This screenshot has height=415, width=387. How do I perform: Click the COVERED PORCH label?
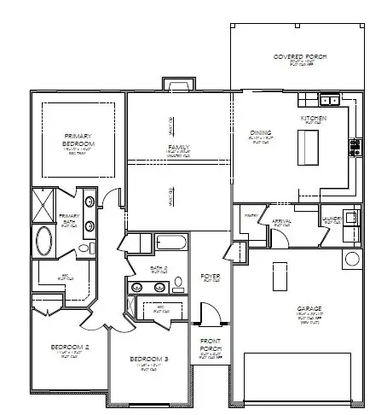click(x=299, y=57)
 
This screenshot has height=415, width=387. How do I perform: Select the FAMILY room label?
click(x=178, y=148)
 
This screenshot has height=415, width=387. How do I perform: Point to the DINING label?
click(x=261, y=132)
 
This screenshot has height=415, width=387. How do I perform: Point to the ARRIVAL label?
click(x=281, y=221)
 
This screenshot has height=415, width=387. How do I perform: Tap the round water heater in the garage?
click(x=351, y=258)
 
